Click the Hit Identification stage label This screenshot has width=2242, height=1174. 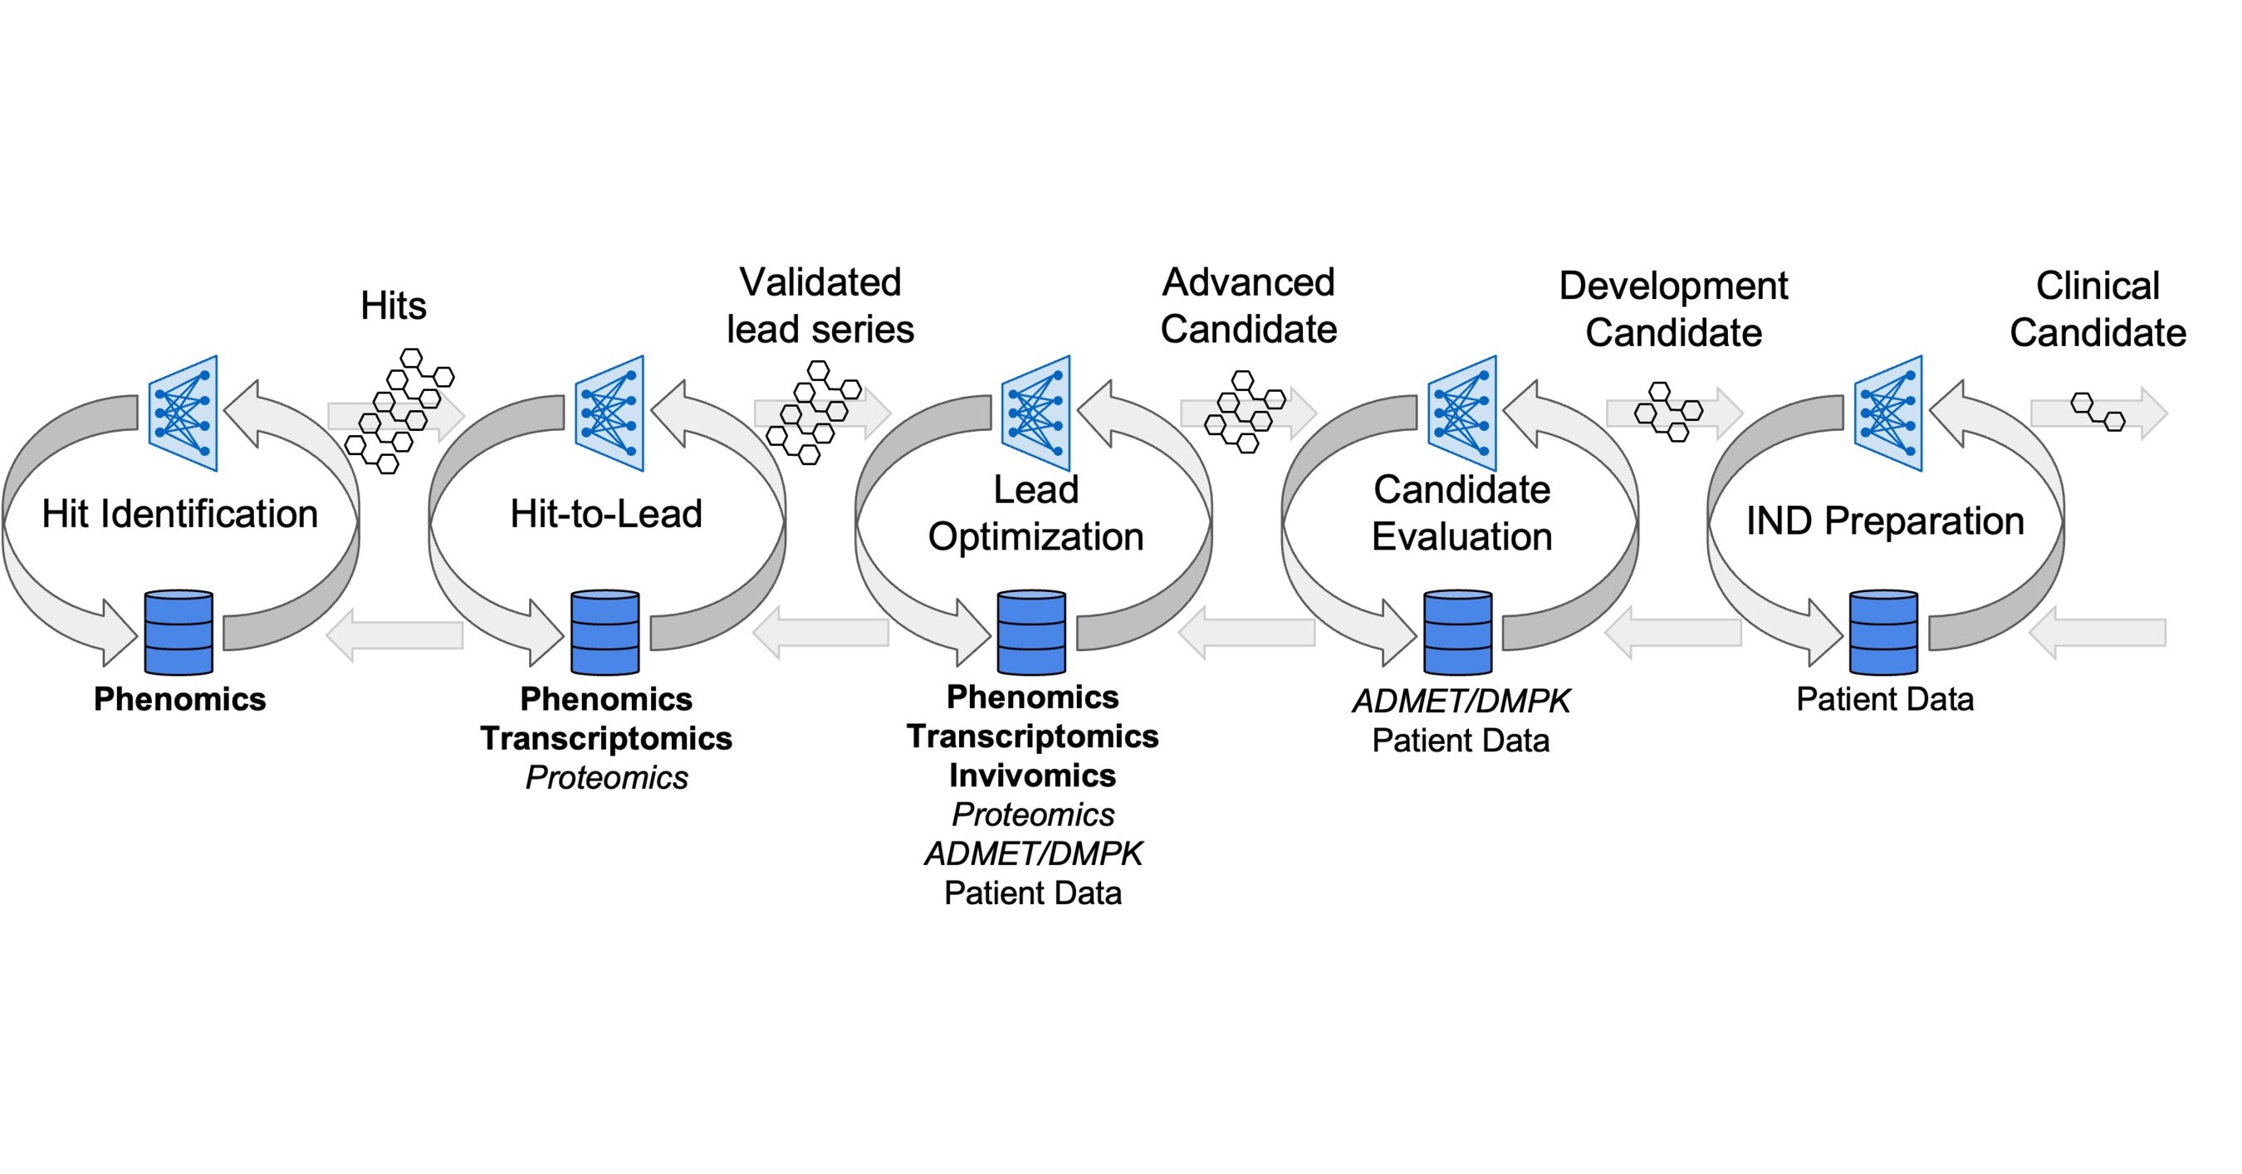(x=179, y=513)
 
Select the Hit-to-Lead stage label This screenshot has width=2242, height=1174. (x=606, y=513)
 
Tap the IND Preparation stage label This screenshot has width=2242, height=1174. (x=1884, y=521)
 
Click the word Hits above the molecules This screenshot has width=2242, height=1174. (x=394, y=306)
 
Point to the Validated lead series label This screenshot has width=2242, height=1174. (x=820, y=306)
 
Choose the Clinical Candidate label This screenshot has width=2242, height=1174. (x=2098, y=309)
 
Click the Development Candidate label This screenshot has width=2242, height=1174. (x=1673, y=309)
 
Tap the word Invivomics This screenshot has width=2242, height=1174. (x=1032, y=775)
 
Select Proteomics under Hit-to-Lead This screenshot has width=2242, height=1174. (x=607, y=777)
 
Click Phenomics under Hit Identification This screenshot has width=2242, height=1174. (x=179, y=699)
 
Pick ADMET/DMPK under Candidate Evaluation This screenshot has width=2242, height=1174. (x=1461, y=701)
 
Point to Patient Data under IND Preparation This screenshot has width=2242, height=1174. (x=1884, y=699)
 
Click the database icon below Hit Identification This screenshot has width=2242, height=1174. (x=179, y=633)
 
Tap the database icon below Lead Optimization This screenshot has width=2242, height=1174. (x=1031, y=633)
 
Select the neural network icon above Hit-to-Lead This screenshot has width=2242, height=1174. (x=609, y=413)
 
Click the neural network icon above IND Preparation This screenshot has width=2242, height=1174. (x=1887, y=413)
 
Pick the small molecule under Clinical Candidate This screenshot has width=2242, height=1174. (x=2098, y=412)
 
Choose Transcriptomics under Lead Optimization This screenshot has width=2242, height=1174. (x=1032, y=736)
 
